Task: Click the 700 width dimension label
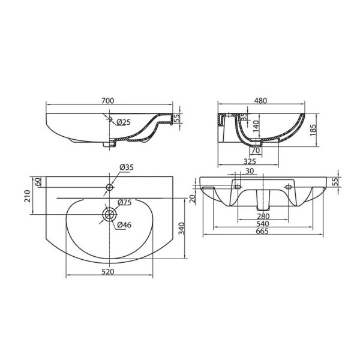(x=107, y=101)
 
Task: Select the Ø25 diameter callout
(x=123, y=122)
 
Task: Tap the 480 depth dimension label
(x=261, y=101)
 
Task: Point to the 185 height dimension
(x=313, y=130)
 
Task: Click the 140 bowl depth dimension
(x=256, y=127)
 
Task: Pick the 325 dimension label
(x=250, y=161)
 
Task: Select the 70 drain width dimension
(x=256, y=151)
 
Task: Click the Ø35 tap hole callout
(x=127, y=167)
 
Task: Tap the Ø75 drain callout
(x=125, y=203)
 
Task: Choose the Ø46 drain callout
(x=124, y=225)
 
